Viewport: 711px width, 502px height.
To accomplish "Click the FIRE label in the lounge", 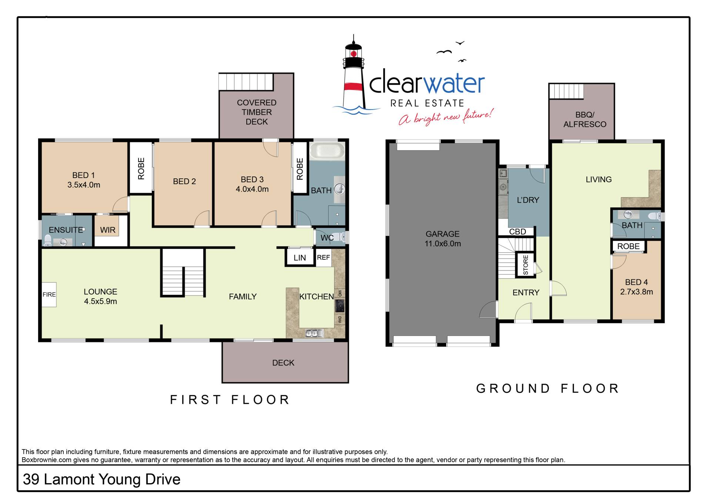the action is tap(49, 294).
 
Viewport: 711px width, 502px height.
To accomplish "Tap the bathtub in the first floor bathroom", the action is tap(327, 152).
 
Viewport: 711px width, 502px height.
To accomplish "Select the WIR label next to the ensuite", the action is tap(108, 230).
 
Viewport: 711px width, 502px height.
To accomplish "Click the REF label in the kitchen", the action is tap(323, 257).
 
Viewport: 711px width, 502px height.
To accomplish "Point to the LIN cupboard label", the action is tap(300, 258).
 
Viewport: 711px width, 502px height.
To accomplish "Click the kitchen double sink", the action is tap(314, 333).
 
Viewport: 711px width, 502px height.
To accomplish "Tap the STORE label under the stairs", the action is tap(525, 265).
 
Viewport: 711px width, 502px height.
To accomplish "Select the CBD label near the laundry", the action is tap(517, 232).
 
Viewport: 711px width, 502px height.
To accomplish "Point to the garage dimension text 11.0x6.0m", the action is tap(443, 243).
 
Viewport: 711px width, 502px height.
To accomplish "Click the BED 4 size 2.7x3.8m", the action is tap(637, 292).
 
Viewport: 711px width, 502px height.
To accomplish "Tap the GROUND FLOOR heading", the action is tap(547, 388).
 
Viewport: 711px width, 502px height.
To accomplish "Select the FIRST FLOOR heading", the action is tap(230, 400).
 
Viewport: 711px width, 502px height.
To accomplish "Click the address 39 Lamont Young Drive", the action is tap(101, 479).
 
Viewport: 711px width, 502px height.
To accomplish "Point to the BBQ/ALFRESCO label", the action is tap(585, 119).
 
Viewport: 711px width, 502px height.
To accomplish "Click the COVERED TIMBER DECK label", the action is tap(257, 112).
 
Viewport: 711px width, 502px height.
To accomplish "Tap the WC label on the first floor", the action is tap(327, 238).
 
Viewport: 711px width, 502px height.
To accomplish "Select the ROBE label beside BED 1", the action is tap(141, 169).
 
